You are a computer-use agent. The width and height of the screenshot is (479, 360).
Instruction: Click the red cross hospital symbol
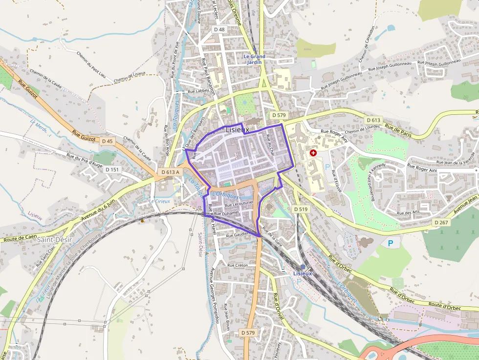click(313, 153)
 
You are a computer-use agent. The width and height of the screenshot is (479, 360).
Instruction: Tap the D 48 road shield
click(219, 29)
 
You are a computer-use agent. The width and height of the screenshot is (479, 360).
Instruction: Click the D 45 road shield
click(107, 141)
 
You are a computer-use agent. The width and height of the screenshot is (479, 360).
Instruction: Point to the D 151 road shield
click(112, 169)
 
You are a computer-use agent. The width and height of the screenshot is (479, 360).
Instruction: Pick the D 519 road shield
click(301, 209)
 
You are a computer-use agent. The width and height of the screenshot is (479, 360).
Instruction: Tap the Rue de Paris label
click(399, 130)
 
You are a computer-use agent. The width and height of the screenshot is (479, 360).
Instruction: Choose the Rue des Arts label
click(409, 213)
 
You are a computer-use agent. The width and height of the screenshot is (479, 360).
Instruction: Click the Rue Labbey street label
click(198, 91)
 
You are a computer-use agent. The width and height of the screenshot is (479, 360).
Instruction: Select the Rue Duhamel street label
click(226, 213)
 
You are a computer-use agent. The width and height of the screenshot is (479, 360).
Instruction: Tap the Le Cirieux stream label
click(159, 201)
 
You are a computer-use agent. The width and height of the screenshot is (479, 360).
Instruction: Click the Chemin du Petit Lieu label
click(91, 64)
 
